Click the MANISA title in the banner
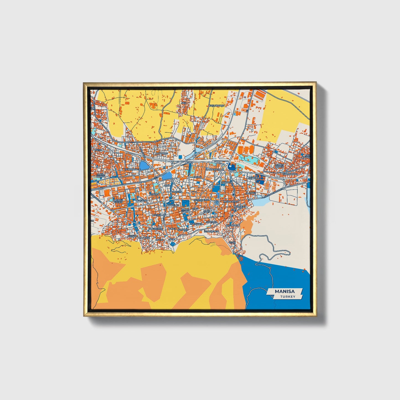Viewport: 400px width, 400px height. click(285, 291)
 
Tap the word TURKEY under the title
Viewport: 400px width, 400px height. click(287, 297)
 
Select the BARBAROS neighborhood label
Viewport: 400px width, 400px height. click(161, 153)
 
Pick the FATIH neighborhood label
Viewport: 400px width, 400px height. click(99, 150)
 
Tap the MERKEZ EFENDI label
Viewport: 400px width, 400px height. click(118, 201)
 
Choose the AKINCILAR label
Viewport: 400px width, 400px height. click(174, 205)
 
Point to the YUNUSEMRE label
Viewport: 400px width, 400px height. click(155, 229)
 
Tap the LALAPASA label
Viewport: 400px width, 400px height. click(144, 238)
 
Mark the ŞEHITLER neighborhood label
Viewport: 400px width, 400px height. click(254, 178)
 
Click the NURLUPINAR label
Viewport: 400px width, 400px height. click(290, 174)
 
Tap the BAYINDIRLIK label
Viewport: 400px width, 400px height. click(232, 225)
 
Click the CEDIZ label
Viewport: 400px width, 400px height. click(232, 242)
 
